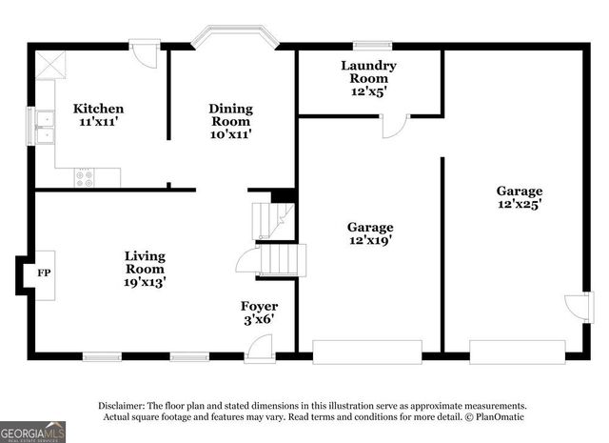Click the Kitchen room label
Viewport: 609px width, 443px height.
point(98,115)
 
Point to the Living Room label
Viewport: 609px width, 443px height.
point(145,269)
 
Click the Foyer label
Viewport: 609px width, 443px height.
point(259,312)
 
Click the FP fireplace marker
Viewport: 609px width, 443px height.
point(44,272)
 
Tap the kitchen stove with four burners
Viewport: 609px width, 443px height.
point(85,176)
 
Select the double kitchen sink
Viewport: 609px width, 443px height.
point(45,125)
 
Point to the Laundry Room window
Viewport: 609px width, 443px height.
point(373,44)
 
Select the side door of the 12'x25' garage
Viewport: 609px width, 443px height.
point(577,307)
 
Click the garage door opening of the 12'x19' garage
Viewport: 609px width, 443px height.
point(367,352)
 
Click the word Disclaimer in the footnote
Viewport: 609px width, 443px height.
point(123,405)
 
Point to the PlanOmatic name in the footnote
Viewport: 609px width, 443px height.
point(496,417)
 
